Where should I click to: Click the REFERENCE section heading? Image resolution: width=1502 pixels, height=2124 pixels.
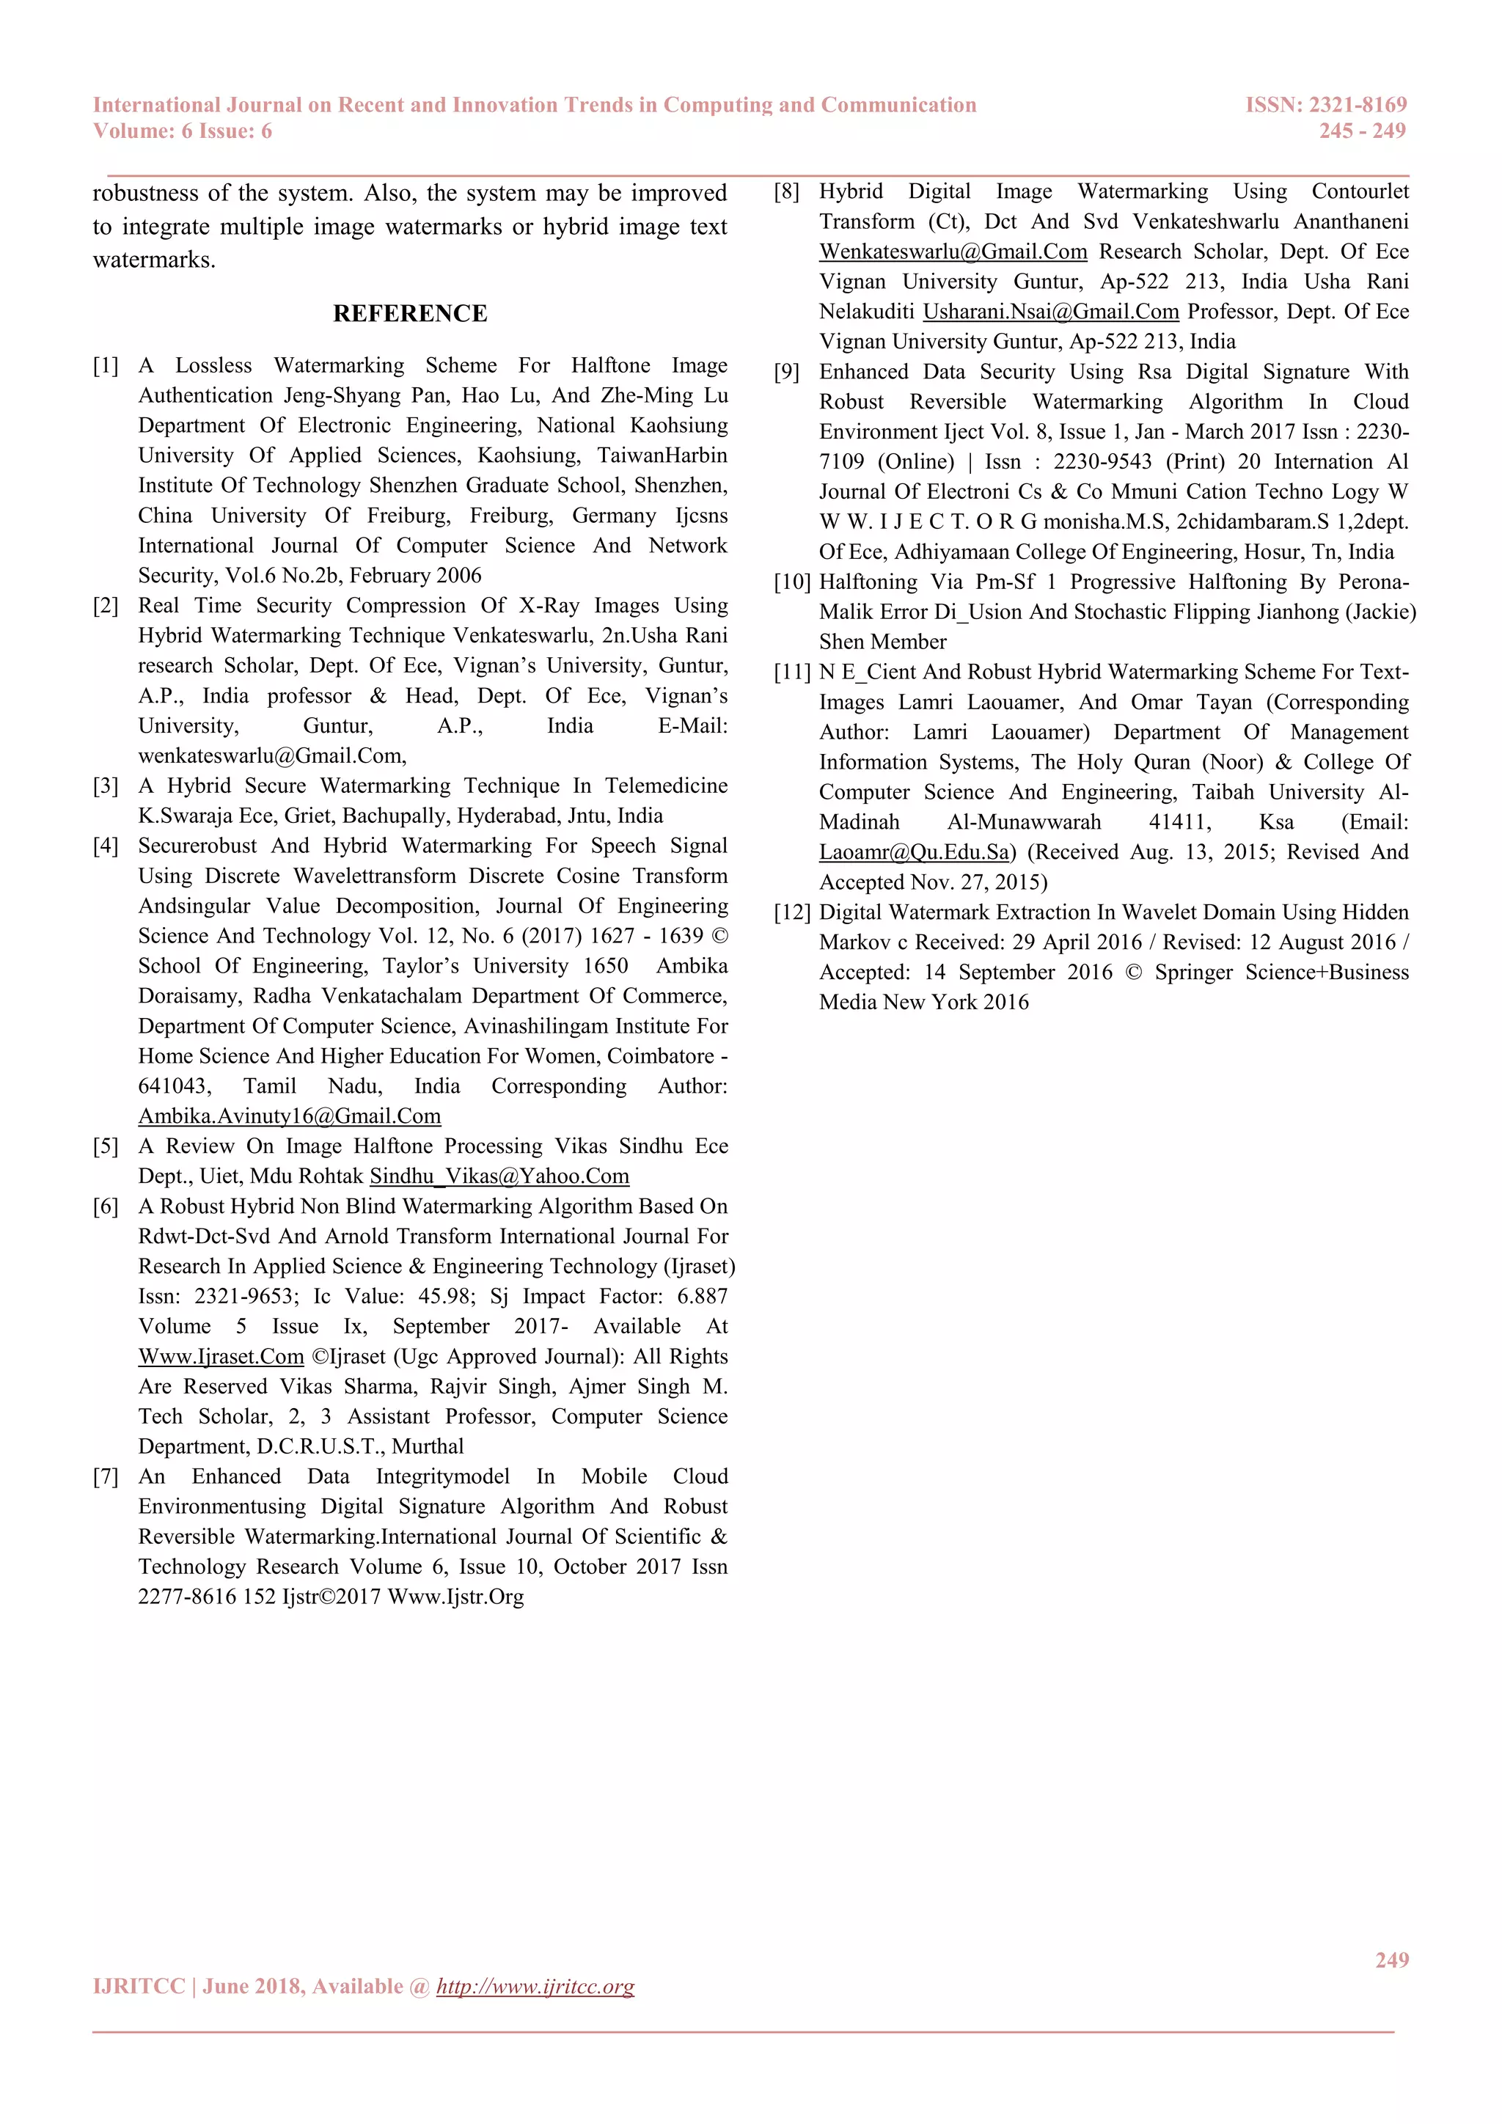click(x=410, y=314)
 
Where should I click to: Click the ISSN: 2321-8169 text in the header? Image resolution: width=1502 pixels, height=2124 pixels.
click(x=1325, y=105)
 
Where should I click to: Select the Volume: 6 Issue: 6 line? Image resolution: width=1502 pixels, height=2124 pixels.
click(x=182, y=131)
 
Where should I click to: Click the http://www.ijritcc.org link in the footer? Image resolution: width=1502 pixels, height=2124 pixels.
click(x=535, y=1986)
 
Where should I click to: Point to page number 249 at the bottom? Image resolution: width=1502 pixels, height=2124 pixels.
click(x=1391, y=1959)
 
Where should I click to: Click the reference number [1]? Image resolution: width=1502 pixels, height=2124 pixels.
click(x=106, y=366)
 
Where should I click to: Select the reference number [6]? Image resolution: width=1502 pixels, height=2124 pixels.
click(x=106, y=1206)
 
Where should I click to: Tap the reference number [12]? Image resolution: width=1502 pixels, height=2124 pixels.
click(x=791, y=913)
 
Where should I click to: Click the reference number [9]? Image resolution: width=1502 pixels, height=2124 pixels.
click(x=786, y=372)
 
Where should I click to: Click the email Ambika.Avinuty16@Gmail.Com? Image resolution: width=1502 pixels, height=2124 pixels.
click(x=290, y=1116)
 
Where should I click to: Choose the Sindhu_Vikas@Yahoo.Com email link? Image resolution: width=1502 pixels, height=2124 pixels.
click(x=499, y=1176)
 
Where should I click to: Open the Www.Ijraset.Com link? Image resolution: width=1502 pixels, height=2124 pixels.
click(x=221, y=1357)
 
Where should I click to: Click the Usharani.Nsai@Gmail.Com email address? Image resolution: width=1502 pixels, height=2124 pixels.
click(x=1051, y=312)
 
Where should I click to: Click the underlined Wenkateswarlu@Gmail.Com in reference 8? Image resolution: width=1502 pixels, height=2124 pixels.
click(x=953, y=252)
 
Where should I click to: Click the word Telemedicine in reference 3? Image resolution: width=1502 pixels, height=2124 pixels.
click(x=666, y=786)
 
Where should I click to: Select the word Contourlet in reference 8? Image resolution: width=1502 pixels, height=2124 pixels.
click(x=1360, y=191)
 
